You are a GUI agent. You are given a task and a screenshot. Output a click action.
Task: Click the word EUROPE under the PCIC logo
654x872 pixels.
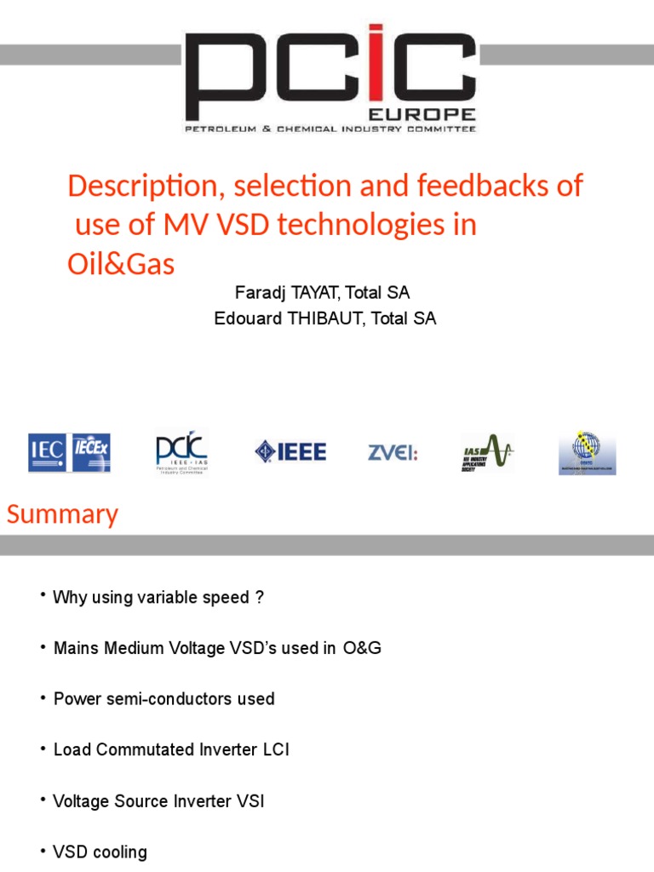(x=433, y=114)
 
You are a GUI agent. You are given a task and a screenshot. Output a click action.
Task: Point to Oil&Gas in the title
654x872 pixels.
(x=121, y=264)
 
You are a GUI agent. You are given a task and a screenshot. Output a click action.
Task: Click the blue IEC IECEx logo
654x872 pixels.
(x=69, y=453)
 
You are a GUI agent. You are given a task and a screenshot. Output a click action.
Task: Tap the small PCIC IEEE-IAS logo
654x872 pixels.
(x=181, y=452)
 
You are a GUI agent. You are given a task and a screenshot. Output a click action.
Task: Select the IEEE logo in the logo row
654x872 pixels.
(x=290, y=451)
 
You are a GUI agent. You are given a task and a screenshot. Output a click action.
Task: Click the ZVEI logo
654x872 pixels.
(x=393, y=452)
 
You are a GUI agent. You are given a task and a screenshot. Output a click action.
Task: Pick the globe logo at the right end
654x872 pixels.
(x=587, y=452)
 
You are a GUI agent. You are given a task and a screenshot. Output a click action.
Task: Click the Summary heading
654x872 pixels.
(x=62, y=514)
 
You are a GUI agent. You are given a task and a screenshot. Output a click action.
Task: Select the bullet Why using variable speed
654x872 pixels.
(x=158, y=598)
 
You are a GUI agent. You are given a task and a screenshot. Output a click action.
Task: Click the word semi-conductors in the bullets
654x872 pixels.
(x=217, y=699)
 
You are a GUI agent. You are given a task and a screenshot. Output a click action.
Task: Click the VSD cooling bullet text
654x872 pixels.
(x=100, y=852)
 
